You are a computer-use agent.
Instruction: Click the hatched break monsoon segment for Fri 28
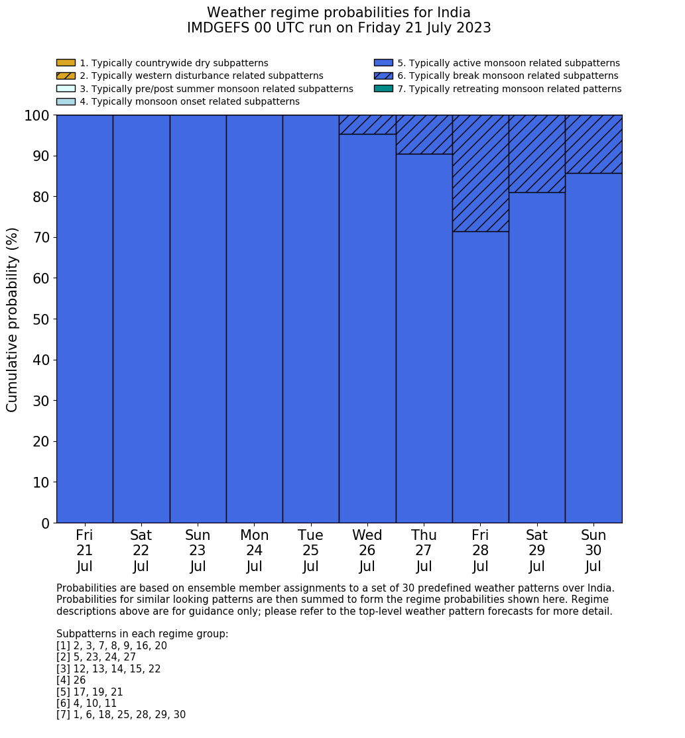pos(480,173)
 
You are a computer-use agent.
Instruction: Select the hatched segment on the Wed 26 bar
pos(367,125)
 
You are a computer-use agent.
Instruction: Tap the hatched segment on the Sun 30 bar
pos(593,144)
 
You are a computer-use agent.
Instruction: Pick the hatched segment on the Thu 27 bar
pos(424,134)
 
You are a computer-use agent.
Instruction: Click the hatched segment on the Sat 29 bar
pos(536,154)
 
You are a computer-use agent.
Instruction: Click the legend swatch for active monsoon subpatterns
pos(383,63)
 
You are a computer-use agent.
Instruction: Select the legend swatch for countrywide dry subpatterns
pos(66,63)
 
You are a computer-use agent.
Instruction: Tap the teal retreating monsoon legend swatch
pos(383,89)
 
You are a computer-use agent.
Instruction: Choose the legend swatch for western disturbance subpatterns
pos(66,76)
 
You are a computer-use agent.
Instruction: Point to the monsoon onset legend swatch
pos(66,101)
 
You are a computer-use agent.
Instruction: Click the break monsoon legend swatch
pos(383,76)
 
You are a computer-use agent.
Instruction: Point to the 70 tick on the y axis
pos(41,237)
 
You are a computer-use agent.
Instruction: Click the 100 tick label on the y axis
pos(37,115)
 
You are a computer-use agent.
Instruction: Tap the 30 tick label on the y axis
pos(41,401)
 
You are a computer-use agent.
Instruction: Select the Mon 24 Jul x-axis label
pos(254,551)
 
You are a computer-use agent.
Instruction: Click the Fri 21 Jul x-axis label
pos(84,551)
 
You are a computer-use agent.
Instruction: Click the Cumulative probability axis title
pos(13,319)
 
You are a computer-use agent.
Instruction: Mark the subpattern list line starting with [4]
pos(71,680)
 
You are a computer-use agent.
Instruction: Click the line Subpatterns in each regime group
pos(142,634)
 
